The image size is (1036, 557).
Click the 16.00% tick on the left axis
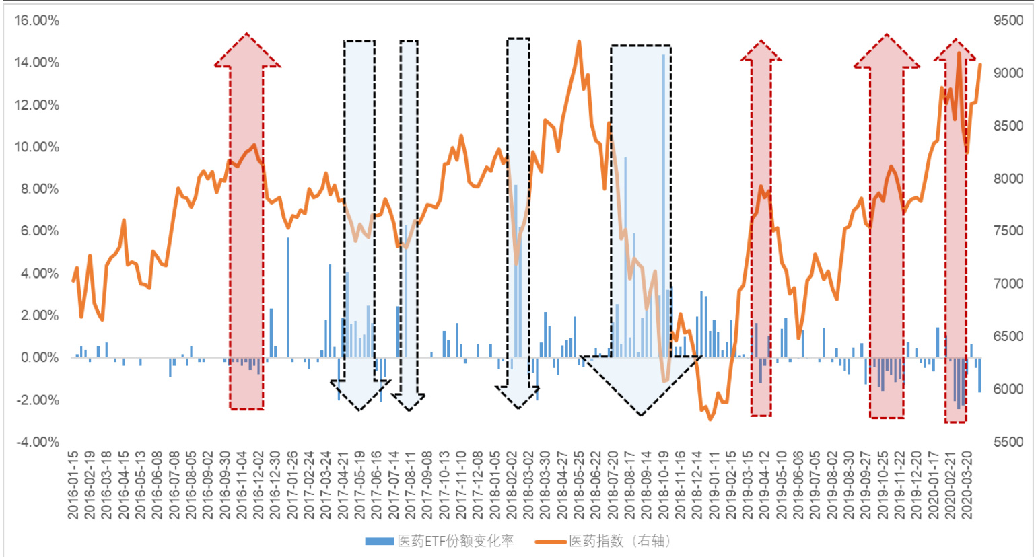pyautogui.click(x=36, y=20)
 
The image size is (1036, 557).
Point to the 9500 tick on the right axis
pyautogui.click(x=1008, y=20)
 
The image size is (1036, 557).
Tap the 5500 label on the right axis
pyautogui.click(x=1008, y=442)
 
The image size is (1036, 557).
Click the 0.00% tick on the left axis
pyautogui.click(x=39, y=357)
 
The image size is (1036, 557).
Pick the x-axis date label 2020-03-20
pyautogui.click(x=967, y=485)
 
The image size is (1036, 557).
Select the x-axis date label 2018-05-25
pyautogui.click(x=579, y=485)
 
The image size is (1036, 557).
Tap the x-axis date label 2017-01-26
pyautogui.click(x=292, y=485)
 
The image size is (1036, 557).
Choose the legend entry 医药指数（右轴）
pyautogui.click(x=619, y=541)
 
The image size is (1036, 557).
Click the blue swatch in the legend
pyautogui.click(x=379, y=541)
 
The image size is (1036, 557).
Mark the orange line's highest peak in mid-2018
pyautogui.click(x=579, y=42)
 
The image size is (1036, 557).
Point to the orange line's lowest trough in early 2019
pyautogui.click(x=710, y=419)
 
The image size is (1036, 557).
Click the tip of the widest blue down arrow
pyautogui.click(x=641, y=414)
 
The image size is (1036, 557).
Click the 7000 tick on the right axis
pyautogui.click(x=1008, y=283)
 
